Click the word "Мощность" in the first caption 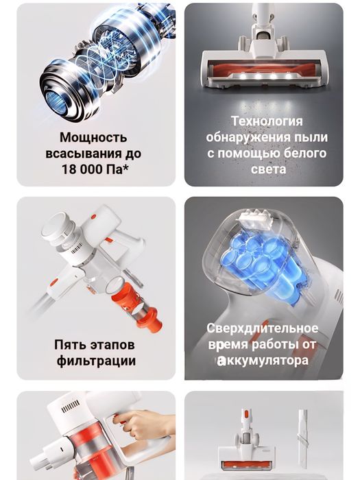click(95, 138)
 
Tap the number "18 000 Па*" click(95, 168)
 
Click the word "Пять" click(71, 344)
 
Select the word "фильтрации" click(96, 361)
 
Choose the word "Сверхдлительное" click(263, 328)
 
